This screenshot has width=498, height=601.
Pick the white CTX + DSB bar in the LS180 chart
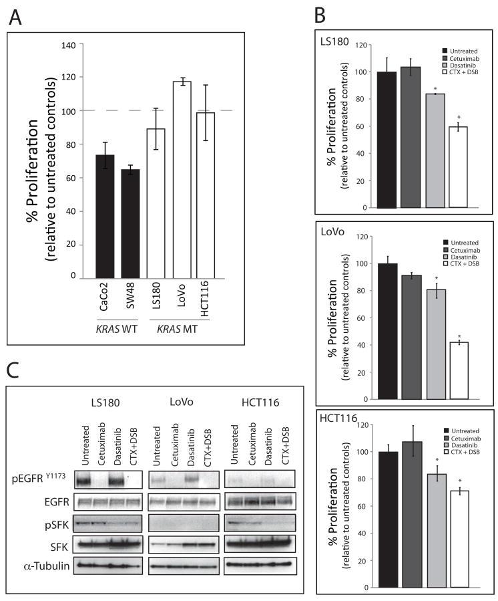pyautogui.click(x=457, y=167)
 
